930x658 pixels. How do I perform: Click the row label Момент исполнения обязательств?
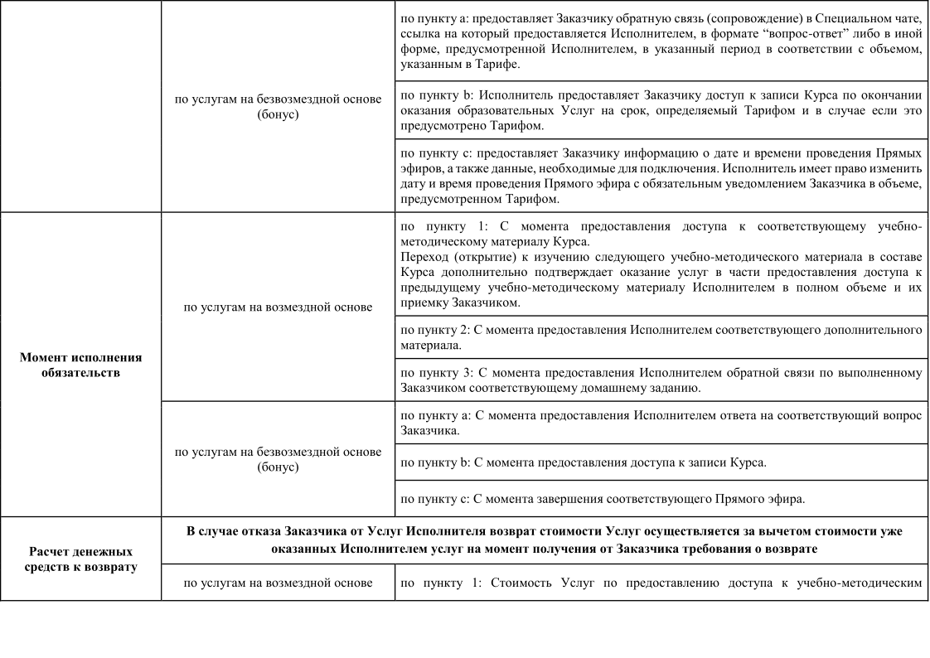(x=80, y=365)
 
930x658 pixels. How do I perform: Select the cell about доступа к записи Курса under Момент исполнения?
(x=661, y=462)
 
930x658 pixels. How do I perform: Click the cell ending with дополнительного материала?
(x=661, y=337)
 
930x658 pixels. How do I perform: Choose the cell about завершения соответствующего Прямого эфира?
(x=661, y=499)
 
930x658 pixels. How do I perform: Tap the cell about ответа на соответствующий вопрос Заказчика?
(x=661, y=423)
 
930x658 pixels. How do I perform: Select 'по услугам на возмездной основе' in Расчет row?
(x=278, y=583)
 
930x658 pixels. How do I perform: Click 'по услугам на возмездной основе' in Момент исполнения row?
(x=278, y=307)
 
